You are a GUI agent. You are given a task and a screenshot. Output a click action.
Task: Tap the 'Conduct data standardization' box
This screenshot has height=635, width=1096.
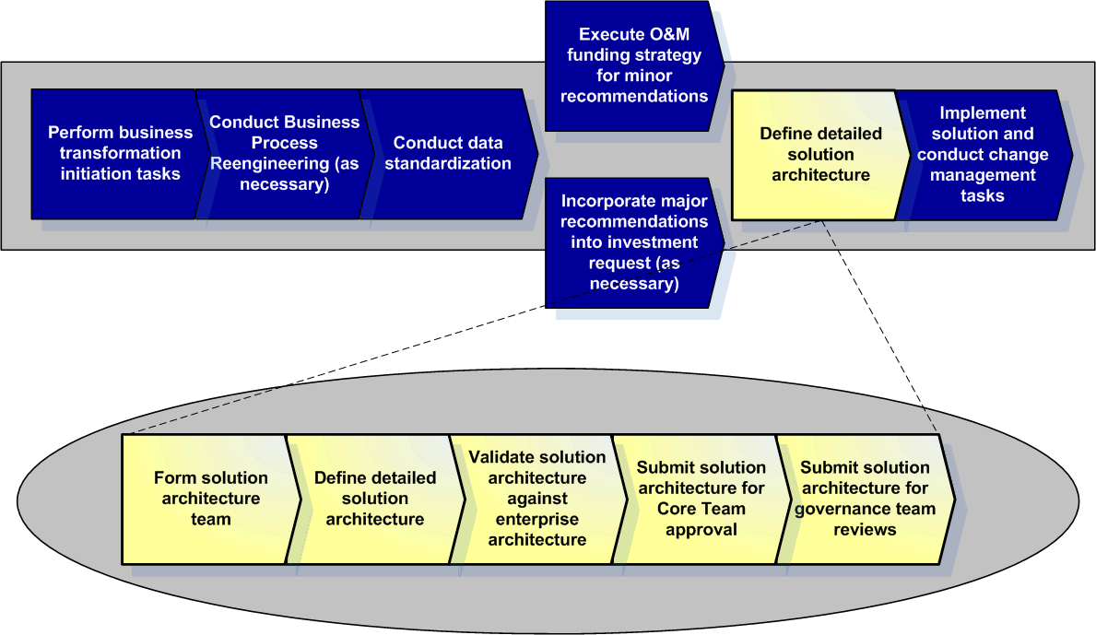[x=448, y=154]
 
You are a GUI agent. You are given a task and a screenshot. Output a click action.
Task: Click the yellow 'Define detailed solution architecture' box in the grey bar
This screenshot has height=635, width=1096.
[x=820, y=155]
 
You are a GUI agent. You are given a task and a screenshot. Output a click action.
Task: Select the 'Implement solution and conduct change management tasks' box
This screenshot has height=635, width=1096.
[x=983, y=155]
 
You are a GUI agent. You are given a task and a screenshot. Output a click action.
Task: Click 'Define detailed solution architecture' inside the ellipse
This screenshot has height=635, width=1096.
[x=375, y=499]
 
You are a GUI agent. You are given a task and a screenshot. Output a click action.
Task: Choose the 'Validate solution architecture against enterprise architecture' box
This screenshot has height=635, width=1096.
[x=537, y=499]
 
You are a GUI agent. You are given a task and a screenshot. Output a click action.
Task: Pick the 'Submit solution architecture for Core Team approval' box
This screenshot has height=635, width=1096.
[x=701, y=499]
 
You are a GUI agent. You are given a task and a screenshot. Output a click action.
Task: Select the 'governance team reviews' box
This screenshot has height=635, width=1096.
[x=866, y=499]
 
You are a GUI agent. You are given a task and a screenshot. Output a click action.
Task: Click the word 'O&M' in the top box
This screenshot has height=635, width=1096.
[x=669, y=34]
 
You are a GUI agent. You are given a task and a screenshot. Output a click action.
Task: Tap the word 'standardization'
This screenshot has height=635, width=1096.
[x=448, y=163]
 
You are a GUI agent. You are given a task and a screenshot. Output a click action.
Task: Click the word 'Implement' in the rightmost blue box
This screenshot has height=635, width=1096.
[x=982, y=113]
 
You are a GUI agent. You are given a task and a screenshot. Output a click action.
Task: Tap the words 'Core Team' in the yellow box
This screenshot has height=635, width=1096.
[x=701, y=509]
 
